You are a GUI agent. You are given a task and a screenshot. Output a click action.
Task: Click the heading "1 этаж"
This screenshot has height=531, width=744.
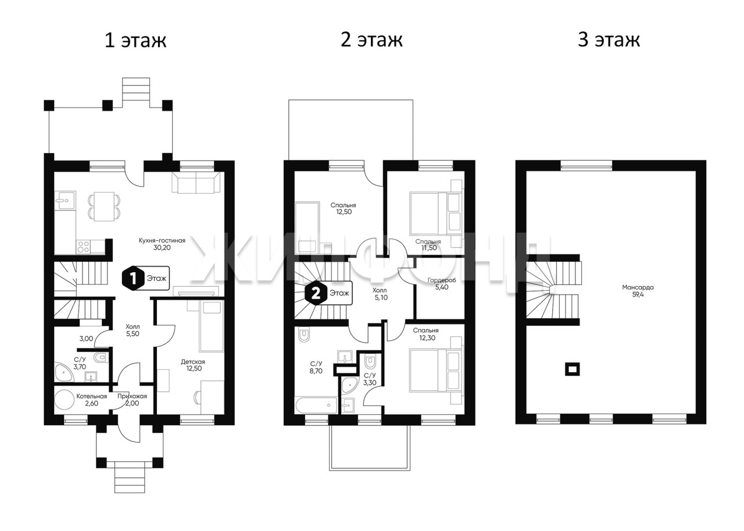[135, 40]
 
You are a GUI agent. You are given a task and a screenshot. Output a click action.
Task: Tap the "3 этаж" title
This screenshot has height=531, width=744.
[609, 40]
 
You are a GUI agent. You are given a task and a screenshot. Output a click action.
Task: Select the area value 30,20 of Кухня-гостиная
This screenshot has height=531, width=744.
[162, 248]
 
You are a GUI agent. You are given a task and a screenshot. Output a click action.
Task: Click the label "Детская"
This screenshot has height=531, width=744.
[193, 362]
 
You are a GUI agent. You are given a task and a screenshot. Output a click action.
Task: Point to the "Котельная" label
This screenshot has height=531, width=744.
[92, 396]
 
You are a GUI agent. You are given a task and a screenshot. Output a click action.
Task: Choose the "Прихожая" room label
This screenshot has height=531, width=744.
[132, 396]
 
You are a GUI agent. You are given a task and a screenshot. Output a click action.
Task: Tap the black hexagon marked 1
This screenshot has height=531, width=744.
[133, 279]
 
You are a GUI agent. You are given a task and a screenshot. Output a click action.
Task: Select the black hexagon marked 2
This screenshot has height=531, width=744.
[316, 293]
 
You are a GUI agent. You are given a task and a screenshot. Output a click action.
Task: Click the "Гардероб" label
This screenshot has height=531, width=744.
[442, 280]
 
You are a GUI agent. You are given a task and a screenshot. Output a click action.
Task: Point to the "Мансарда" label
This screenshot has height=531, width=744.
[638, 287]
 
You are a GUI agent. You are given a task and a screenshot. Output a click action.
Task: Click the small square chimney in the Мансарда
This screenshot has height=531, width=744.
[573, 369]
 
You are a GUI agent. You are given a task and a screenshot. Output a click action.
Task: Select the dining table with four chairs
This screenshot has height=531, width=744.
[104, 206]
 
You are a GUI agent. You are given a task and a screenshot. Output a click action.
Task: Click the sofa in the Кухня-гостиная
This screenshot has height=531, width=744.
[196, 183]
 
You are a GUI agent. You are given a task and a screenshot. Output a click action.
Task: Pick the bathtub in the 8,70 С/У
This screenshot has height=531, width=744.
[316, 405]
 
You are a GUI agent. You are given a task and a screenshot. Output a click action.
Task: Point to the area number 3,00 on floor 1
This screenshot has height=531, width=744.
[86, 339]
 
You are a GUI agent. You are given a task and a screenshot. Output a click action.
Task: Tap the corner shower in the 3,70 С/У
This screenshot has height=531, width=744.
[63, 373]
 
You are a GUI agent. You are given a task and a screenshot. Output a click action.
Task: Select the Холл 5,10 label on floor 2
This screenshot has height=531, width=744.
[381, 294]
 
